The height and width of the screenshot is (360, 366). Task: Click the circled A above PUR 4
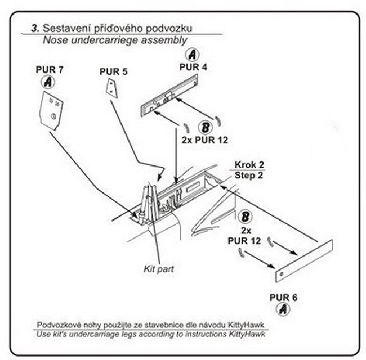point(192,55)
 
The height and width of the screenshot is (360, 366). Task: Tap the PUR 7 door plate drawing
point(52,111)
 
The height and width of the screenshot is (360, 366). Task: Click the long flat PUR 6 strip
point(305,259)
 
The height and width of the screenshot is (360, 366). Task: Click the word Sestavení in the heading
point(62,27)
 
